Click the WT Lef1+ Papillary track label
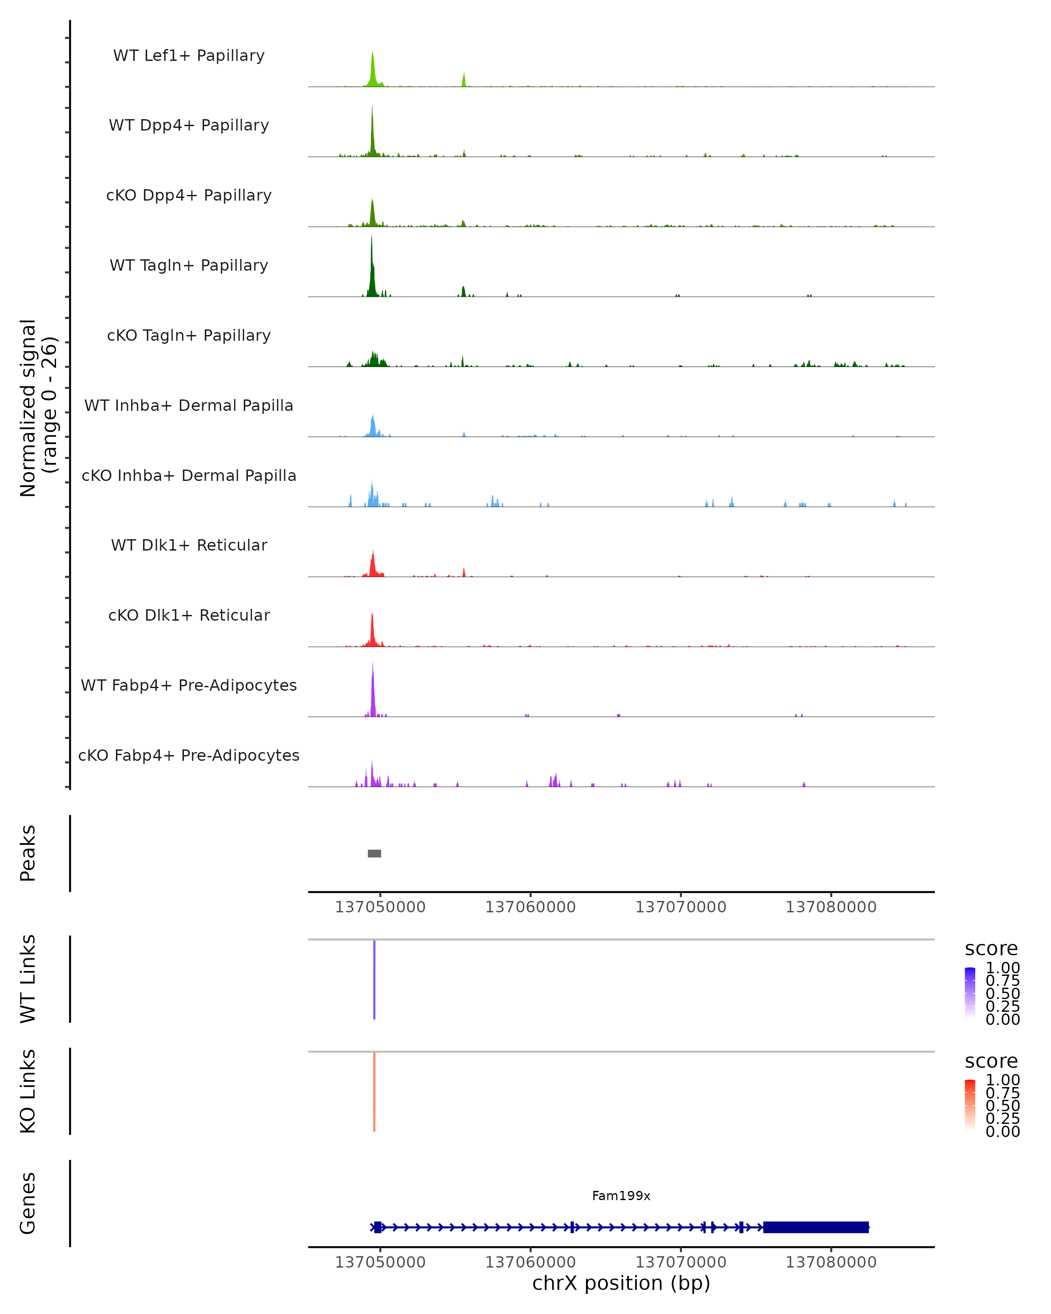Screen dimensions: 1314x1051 point(189,56)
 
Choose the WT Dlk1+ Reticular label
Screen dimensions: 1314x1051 point(189,545)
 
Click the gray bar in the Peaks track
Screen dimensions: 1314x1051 point(374,853)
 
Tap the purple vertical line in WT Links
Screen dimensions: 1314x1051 point(374,979)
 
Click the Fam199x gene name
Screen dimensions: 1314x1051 point(621,1196)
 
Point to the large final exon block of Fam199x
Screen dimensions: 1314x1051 point(816,1227)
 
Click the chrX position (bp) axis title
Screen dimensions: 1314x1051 point(621,1283)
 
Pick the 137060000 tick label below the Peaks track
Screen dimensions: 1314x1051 point(530,907)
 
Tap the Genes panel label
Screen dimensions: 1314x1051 point(28,1203)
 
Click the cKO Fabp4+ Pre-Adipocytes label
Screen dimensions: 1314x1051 point(189,755)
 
